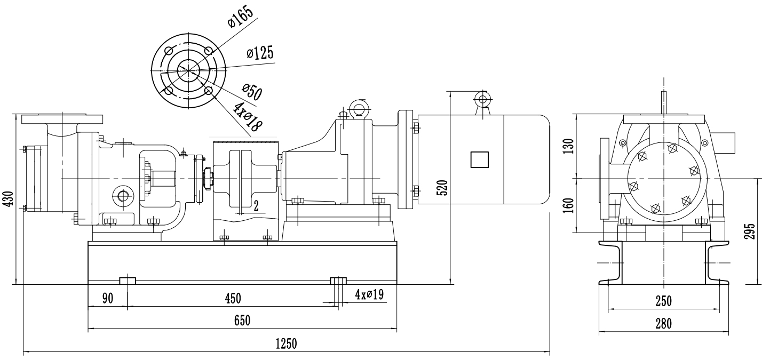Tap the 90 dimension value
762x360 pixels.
(x=108, y=298)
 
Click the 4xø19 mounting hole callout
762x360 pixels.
(x=369, y=294)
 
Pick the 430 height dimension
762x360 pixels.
(x=22, y=199)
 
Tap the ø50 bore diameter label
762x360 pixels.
(x=251, y=91)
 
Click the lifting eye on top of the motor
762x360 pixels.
(x=483, y=99)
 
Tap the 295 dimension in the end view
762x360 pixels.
(x=750, y=232)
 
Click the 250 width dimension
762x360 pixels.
(x=663, y=301)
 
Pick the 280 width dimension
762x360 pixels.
(x=663, y=324)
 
